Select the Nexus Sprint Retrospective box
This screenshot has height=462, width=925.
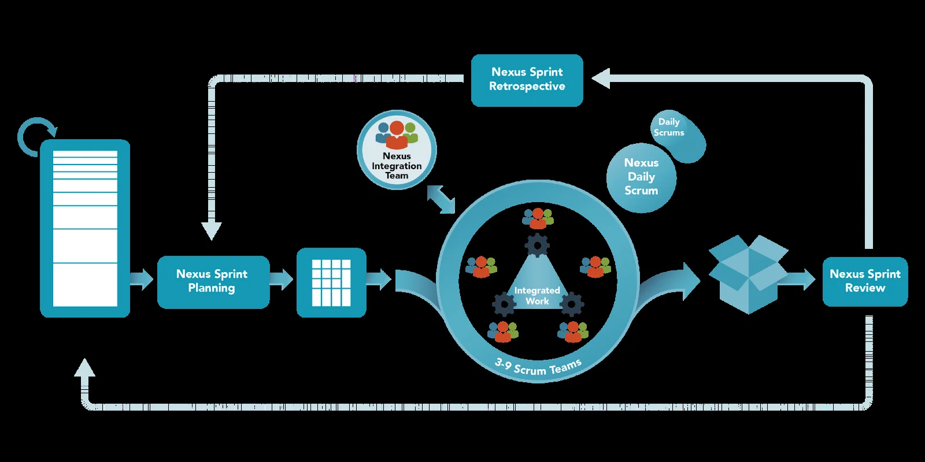tap(527, 80)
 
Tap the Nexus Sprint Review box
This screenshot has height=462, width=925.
tap(865, 281)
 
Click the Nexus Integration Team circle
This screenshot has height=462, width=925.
tap(397, 150)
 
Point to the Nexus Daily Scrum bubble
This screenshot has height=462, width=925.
tap(641, 177)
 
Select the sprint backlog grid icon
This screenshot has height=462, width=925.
tap(331, 282)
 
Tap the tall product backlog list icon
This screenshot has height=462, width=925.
tap(85, 228)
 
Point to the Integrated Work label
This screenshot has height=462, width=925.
tap(537, 296)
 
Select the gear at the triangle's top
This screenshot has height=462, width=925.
tap(537, 245)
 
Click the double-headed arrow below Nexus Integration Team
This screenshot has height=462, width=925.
tap(441, 199)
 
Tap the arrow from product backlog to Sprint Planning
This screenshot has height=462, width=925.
tap(141, 280)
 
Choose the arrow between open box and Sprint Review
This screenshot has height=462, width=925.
tap(801, 280)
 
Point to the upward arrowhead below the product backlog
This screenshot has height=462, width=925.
tap(85, 368)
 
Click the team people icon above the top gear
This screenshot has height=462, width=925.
tap(538, 218)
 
